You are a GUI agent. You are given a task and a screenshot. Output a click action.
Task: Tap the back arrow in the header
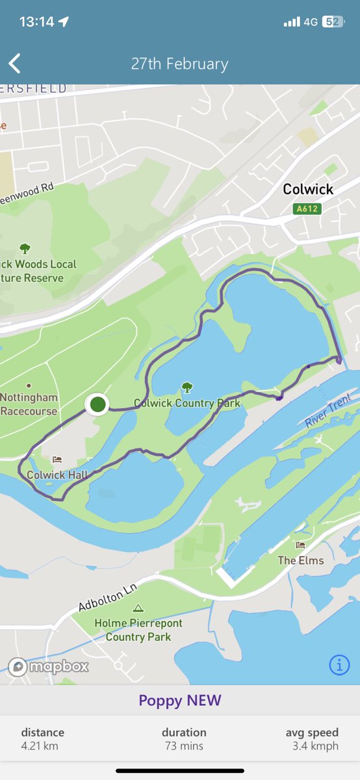[15, 64]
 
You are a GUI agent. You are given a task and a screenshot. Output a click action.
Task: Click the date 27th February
[180, 64]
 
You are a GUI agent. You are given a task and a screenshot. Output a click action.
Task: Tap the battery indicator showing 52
[333, 21]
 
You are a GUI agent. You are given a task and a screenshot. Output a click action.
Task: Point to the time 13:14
[36, 21]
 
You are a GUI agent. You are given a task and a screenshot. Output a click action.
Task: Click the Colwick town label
[308, 189]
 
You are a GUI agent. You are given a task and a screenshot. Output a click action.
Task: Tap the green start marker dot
[97, 404]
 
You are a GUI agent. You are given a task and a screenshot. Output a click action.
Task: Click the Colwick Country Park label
[187, 403]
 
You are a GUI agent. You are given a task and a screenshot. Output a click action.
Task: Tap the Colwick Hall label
[57, 475]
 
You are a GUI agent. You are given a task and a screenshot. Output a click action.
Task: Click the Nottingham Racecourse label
[29, 404]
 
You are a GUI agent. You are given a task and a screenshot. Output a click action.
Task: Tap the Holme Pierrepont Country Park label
[138, 630]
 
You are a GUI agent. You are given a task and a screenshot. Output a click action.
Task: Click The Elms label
[301, 560]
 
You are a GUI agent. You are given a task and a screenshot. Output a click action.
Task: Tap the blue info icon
[339, 665]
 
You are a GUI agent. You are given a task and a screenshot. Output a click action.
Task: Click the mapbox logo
[49, 667]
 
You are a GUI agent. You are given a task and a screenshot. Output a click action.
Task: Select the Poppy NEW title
[180, 700]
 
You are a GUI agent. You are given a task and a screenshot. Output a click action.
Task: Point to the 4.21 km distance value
[40, 746]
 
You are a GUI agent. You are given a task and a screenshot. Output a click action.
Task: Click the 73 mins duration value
[184, 746]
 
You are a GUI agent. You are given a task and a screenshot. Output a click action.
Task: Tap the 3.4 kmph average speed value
[315, 746]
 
